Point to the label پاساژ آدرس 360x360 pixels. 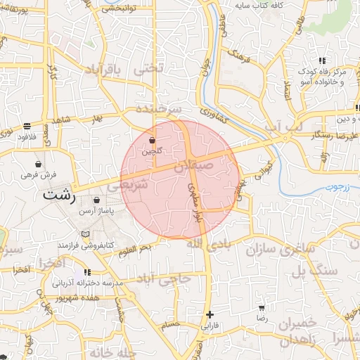pos(96,211)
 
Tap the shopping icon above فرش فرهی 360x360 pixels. pos(38,164)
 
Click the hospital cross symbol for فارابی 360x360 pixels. pos(210,314)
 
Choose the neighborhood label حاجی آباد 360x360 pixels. pos(166,280)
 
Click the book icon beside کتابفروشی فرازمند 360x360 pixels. pos(86,233)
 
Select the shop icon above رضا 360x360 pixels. pos(262,308)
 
